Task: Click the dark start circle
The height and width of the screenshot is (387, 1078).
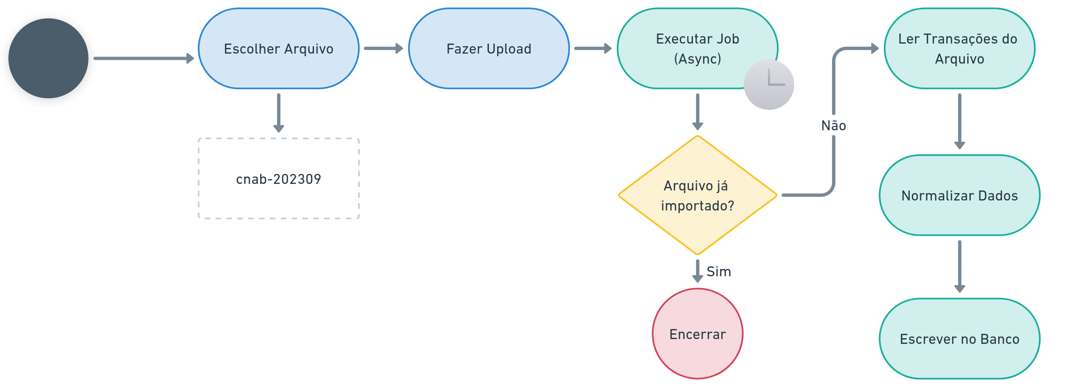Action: (48, 58)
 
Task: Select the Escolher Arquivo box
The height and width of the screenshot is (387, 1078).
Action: (279, 48)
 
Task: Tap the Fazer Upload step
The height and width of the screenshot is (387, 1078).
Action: (489, 48)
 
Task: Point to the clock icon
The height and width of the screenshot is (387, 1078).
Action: (769, 85)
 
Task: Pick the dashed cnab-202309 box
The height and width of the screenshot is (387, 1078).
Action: (279, 179)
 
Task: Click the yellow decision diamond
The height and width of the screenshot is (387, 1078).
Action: (698, 195)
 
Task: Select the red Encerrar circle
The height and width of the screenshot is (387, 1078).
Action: (698, 334)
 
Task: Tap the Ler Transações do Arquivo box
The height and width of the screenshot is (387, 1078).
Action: (959, 48)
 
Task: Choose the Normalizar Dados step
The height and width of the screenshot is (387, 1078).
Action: (959, 195)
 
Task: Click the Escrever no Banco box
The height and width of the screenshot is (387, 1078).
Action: (959, 339)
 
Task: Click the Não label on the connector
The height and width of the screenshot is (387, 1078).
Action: (833, 126)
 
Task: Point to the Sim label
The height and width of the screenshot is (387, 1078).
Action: (719, 272)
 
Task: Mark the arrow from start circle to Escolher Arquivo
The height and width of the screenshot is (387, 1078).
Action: (144, 58)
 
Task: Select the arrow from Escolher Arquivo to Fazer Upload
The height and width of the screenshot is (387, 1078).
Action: (383, 48)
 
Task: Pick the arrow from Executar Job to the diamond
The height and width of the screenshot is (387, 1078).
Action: (698, 112)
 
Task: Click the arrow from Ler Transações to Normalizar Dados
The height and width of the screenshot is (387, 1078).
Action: (959, 121)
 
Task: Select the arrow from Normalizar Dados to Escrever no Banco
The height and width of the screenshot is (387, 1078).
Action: (959, 266)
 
